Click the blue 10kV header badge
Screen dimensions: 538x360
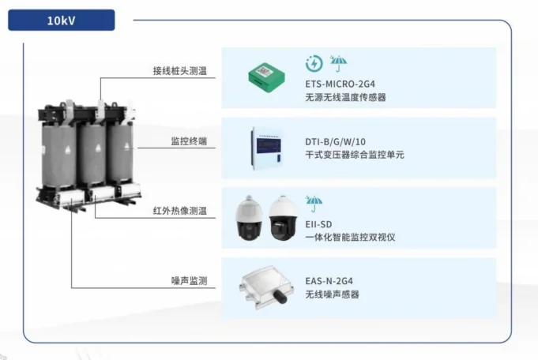(x=62, y=21)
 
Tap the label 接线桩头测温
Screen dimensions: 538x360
(x=180, y=71)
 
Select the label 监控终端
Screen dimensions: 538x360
(x=189, y=141)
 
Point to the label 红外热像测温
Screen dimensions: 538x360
(x=180, y=211)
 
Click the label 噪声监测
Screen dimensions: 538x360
(x=189, y=281)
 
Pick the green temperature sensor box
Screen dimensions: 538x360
(x=266, y=77)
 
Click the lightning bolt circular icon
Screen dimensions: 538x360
(x=314, y=64)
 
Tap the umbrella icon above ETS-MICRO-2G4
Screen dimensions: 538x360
(x=338, y=63)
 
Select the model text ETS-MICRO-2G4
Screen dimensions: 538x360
(x=340, y=84)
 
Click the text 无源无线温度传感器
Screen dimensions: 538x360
(x=345, y=97)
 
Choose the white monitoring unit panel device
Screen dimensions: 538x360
(x=267, y=148)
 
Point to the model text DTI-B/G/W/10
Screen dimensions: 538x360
(x=335, y=141)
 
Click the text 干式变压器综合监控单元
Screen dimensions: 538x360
(x=355, y=155)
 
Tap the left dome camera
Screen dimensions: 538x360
(x=250, y=218)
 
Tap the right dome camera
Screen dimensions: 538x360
(x=283, y=218)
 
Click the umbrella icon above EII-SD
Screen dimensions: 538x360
(x=314, y=204)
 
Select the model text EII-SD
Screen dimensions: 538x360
(x=318, y=224)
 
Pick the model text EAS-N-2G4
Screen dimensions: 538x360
(x=329, y=281)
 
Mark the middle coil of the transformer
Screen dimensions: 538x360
(x=92, y=154)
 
